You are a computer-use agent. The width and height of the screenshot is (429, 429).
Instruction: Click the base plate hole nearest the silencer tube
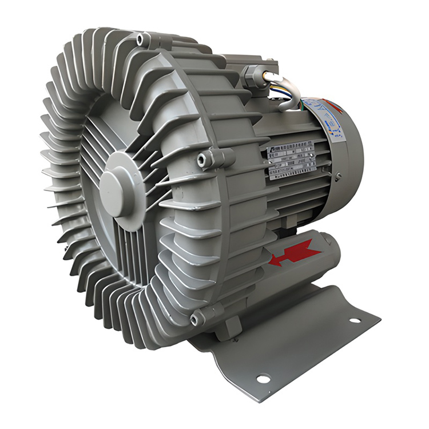click(355, 320)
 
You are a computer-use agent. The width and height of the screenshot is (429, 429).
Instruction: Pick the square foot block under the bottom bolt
click(232, 329)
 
